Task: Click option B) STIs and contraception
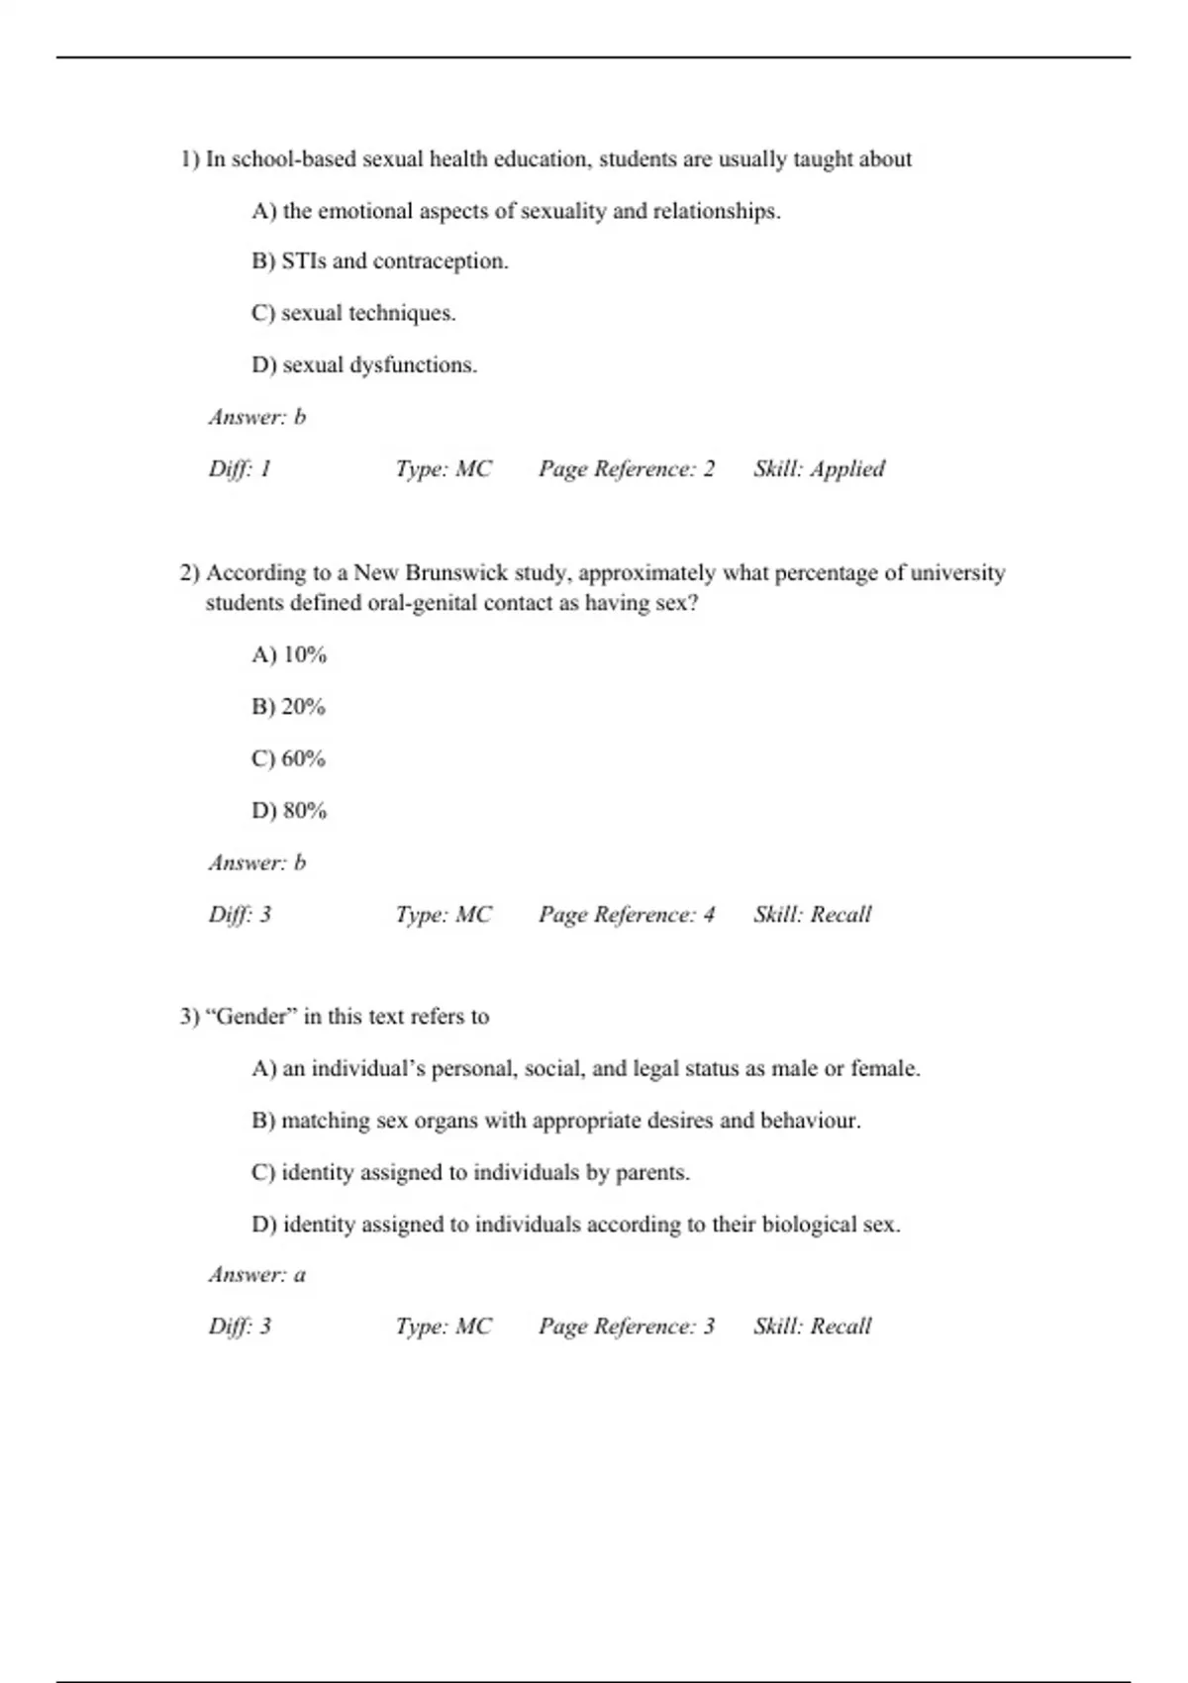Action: (x=379, y=261)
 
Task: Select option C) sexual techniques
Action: (x=353, y=313)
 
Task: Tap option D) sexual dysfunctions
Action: (x=363, y=364)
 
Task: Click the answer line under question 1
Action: (x=257, y=417)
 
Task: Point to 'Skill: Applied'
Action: (x=819, y=468)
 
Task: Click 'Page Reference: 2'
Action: (x=626, y=468)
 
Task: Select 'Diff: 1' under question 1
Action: (x=240, y=468)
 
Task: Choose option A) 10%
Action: (x=288, y=654)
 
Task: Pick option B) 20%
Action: (x=288, y=707)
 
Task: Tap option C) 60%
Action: (x=288, y=758)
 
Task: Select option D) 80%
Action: (x=288, y=810)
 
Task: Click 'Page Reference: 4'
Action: (x=626, y=914)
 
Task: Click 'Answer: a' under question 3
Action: (x=257, y=1274)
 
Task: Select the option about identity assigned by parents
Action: (x=470, y=1172)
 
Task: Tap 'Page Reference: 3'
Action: (x=626, y=1326)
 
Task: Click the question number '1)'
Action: (x=190, y=159)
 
